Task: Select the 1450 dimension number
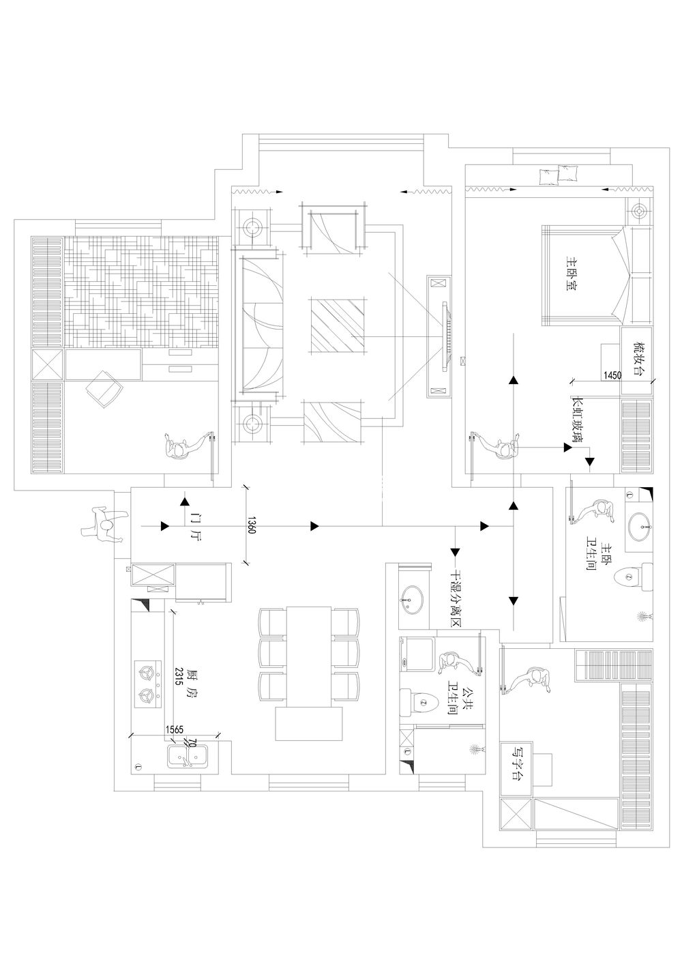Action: pyautogui.click(x=612, y=376)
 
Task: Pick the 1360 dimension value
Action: pyautogui.click(x=252, y=525)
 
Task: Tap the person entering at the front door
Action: pyautogui.click(x=105, y=525)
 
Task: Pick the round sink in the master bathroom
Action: pyautogui.click(x=640, y=527)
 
